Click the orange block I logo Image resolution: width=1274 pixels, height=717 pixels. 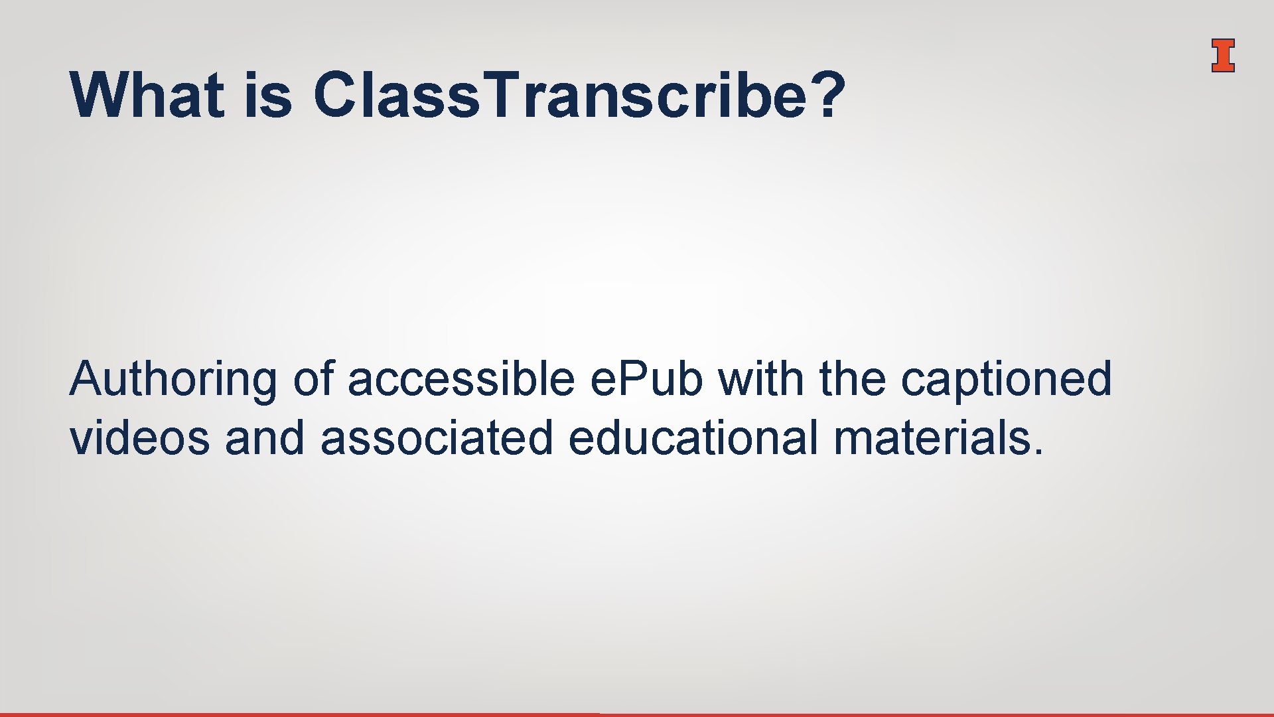pyautogui.click(x=1222, y=56)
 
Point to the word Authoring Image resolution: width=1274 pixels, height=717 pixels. pyautogui.click(x=173, y=380)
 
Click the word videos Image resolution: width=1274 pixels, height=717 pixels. pyautogui.click(x=139, y=438)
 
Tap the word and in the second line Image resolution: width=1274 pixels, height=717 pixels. pyautogui.click(x=264, y=438)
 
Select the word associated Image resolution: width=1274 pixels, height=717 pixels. pyautogui.click(x=436, y=438)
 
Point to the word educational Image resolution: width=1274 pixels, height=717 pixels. pyautogui.click(x=693, y=438)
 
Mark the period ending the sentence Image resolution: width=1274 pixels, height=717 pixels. pyautogui.click(x=1037, y=453)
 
